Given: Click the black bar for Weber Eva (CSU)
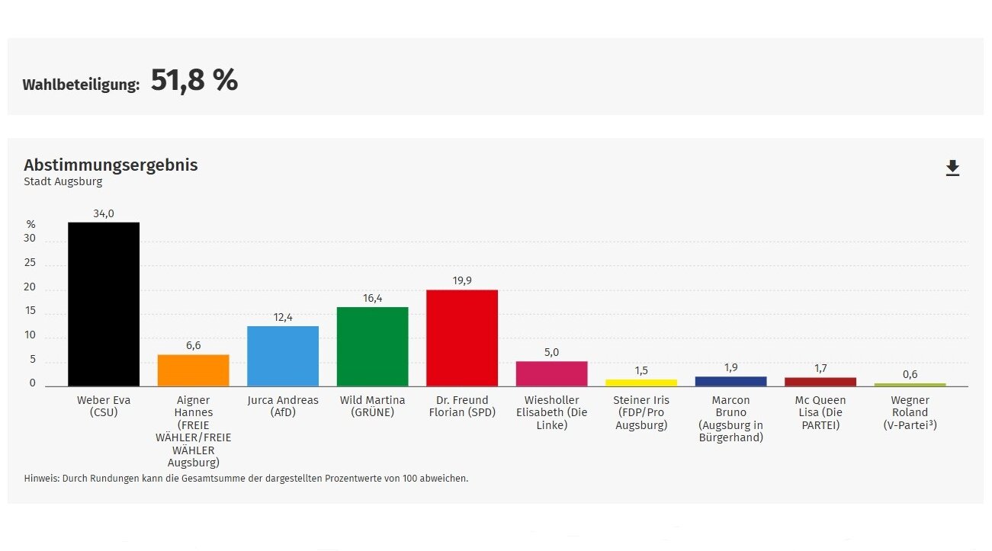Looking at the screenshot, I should pos(104,304).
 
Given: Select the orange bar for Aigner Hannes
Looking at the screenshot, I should pos(193,370).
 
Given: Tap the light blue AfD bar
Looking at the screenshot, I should pos(283,356).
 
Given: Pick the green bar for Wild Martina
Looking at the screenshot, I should pos(372,347).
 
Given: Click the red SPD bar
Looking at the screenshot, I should pos(462,338).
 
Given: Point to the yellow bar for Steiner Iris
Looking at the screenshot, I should pos(641,383).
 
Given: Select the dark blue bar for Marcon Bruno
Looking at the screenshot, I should pos(730,381).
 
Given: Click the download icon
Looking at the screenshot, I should pos(952,168).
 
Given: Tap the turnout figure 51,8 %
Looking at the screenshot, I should pos(194,80).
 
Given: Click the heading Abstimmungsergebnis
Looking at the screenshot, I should pos(111,165).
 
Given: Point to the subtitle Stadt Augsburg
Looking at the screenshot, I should pos(63,182).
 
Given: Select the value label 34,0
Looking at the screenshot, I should pos(104,214).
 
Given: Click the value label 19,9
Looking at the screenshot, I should pos(462,281).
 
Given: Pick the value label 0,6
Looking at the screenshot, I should pos(910,374).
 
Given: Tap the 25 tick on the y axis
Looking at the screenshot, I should pos(30,263).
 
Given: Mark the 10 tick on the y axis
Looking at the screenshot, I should pos(30,335).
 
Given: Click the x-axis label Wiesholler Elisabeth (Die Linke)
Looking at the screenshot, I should pos(551,412).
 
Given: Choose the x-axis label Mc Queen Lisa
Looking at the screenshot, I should pos(820,412).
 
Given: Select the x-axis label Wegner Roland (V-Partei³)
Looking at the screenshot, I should pos(910,412).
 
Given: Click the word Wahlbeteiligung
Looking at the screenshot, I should pos(81,85).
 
